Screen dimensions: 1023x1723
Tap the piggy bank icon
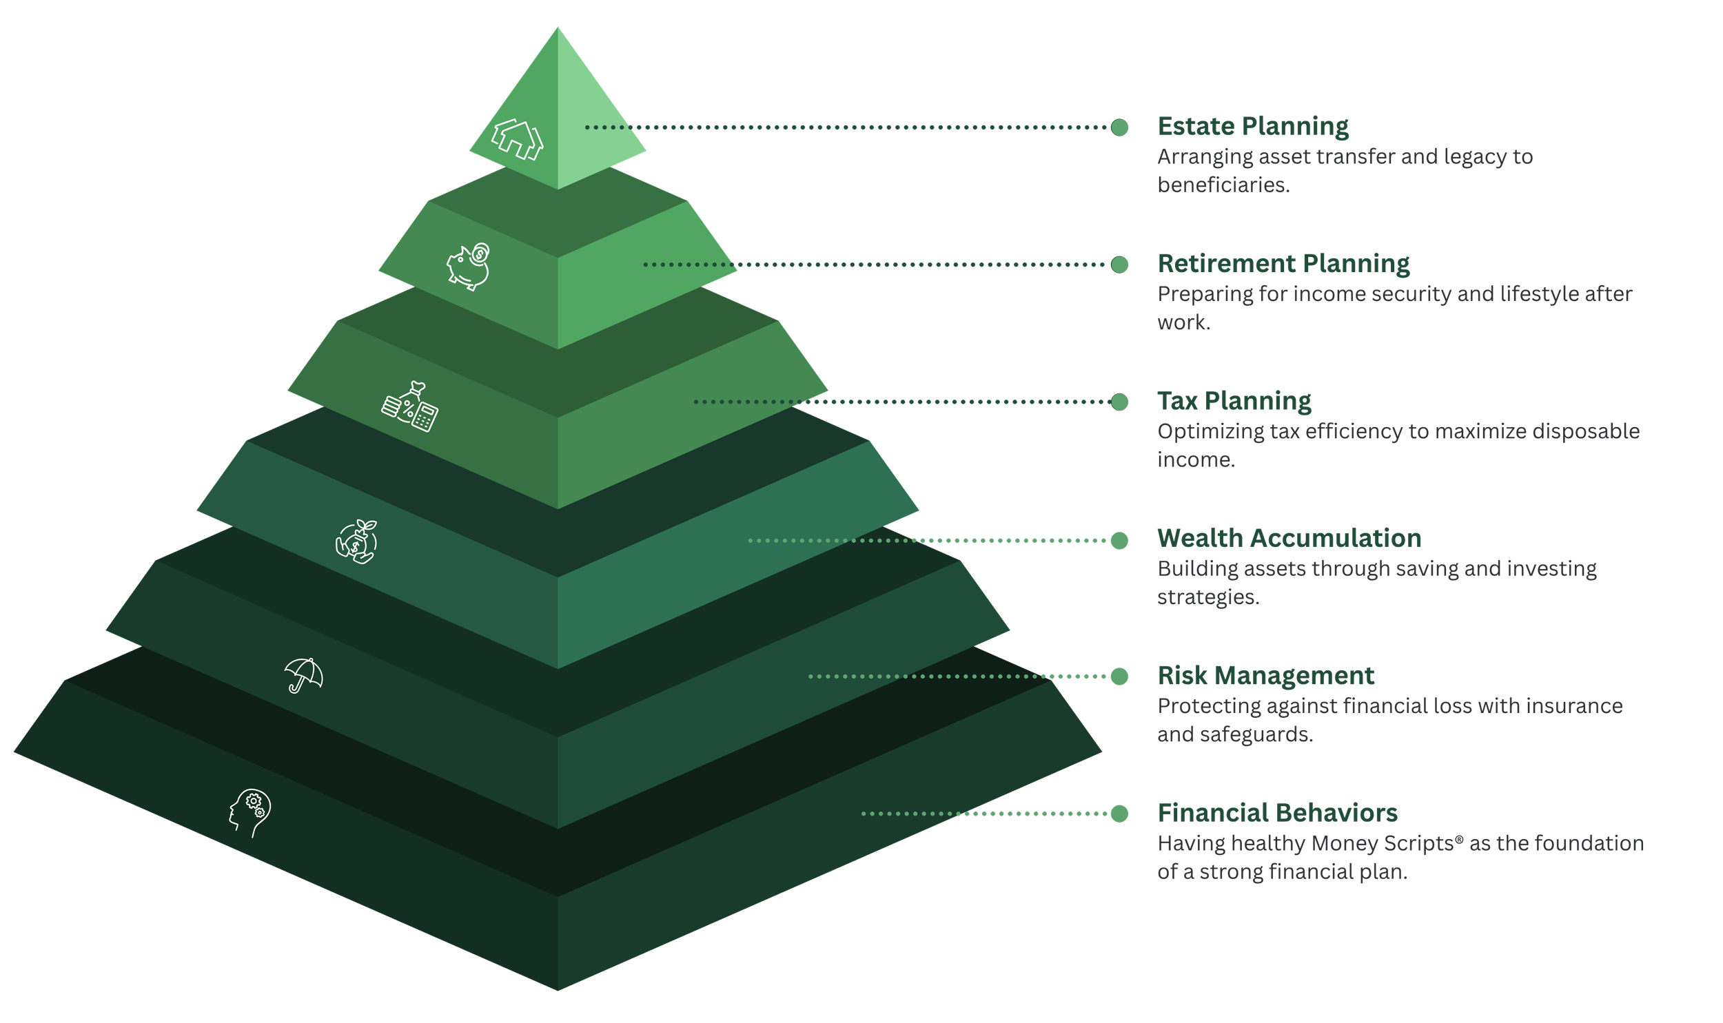469,267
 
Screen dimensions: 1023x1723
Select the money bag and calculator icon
410,406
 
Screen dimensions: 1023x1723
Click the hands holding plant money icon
356,541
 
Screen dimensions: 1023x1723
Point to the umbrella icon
303,675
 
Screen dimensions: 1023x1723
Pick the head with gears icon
250,813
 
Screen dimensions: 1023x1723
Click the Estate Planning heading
1253,127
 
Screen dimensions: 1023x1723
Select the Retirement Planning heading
1283,264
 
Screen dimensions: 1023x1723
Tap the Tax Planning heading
1234,401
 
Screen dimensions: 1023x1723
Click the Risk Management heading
1266,676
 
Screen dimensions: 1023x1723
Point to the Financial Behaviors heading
1278,813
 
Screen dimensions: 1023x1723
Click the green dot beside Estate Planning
1120,127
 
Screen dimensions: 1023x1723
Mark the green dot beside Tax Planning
1120,402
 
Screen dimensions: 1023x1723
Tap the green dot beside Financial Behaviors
1120,814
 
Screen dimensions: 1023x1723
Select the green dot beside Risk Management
1120,676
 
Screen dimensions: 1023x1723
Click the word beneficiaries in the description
1223,185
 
